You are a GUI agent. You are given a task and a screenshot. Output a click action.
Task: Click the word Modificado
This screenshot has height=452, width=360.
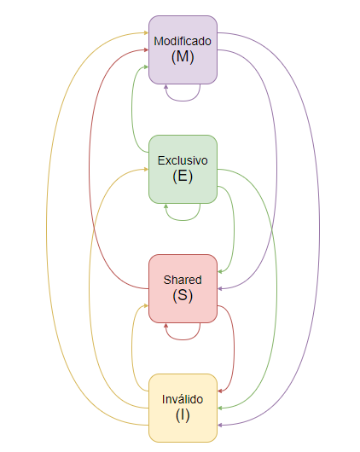[x=183, y=41]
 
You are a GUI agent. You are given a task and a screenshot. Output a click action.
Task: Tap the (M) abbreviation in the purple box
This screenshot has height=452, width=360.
[x=183, y=56]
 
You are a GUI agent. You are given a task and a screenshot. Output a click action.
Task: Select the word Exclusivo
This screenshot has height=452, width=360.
[x=183, y=160]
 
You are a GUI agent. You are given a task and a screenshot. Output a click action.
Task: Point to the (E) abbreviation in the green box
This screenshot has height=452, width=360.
[x=183, y=176]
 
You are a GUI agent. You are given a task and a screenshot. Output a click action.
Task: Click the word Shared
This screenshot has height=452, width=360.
[x=183, y=280]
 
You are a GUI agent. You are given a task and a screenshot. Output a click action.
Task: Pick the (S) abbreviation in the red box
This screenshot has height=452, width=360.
[x=183, y=295]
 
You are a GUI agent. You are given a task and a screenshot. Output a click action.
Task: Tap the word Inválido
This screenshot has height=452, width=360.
[x=183, y=399]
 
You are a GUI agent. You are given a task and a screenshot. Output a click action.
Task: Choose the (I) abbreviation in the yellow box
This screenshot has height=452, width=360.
[x=183, y=414]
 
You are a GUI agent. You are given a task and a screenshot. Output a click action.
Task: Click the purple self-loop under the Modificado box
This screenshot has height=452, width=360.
[x=183, y=101]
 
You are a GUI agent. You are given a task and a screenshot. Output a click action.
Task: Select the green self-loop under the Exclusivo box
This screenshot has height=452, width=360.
[x=183, y=220]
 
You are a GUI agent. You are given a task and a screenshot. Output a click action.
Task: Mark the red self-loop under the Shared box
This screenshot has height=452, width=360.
[x=183, y=339]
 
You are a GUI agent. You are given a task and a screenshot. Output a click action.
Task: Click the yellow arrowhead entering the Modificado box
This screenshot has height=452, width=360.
[x=146, y=33]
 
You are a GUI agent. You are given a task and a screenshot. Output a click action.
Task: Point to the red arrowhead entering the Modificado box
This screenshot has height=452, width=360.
[x=146, y=49]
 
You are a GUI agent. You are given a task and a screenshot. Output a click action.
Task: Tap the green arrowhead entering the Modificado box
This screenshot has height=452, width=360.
[x=146, y=67]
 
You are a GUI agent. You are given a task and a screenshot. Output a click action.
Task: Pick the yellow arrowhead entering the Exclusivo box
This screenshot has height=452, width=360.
[x=146, y=169]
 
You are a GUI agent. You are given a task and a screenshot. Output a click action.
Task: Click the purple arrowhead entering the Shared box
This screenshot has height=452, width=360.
[x=220, y=288]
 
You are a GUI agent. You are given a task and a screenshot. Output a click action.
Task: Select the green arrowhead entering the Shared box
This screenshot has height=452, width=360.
[x=220, y=271]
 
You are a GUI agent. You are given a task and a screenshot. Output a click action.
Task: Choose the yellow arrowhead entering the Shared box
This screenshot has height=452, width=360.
[x=146, y=305]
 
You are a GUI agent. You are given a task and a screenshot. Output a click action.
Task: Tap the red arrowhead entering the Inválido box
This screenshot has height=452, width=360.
[x=220, y=391]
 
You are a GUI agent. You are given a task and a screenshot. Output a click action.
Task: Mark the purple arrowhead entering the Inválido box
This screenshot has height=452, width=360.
[x=220, y=425]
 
